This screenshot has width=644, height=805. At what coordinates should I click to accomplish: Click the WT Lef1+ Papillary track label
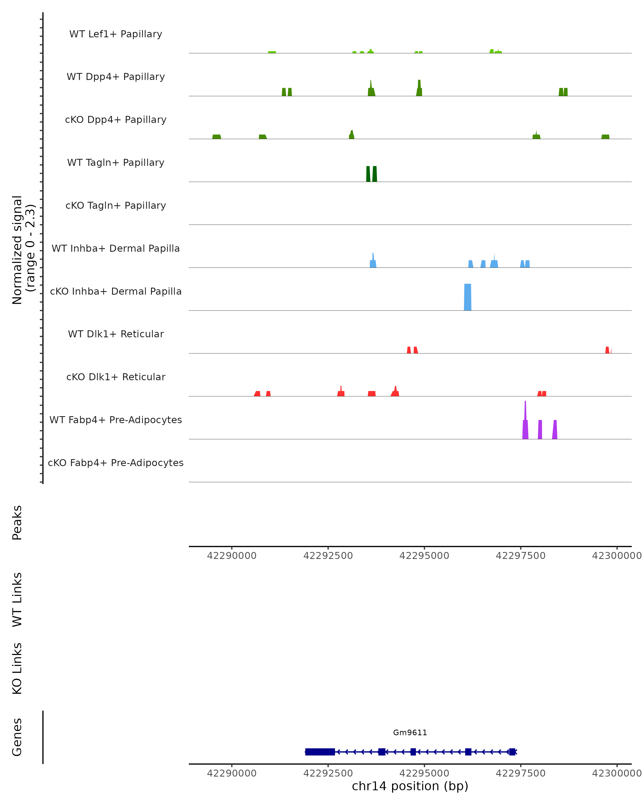coord(116,34)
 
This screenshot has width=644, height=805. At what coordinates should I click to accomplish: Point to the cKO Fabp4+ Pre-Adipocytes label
coord(116,463)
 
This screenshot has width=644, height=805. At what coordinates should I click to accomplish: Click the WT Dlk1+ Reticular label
coord(116,334)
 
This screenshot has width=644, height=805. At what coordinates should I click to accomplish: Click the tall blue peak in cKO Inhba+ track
coord(467,297)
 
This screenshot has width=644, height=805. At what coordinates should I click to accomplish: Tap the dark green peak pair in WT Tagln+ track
coord(371,174)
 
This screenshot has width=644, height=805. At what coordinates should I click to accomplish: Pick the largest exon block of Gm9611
coord(320,752)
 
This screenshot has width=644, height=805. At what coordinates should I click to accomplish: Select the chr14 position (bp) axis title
coord(410,786)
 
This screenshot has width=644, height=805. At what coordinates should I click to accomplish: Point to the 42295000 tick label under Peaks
coord(424,556)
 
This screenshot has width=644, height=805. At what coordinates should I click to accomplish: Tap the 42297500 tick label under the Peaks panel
coord(520,556)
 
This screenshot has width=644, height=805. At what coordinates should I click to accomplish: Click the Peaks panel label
coord(17,522)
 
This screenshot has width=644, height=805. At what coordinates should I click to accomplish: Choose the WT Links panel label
coord(17,599)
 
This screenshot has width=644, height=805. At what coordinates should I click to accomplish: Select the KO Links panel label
coord(17,668)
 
